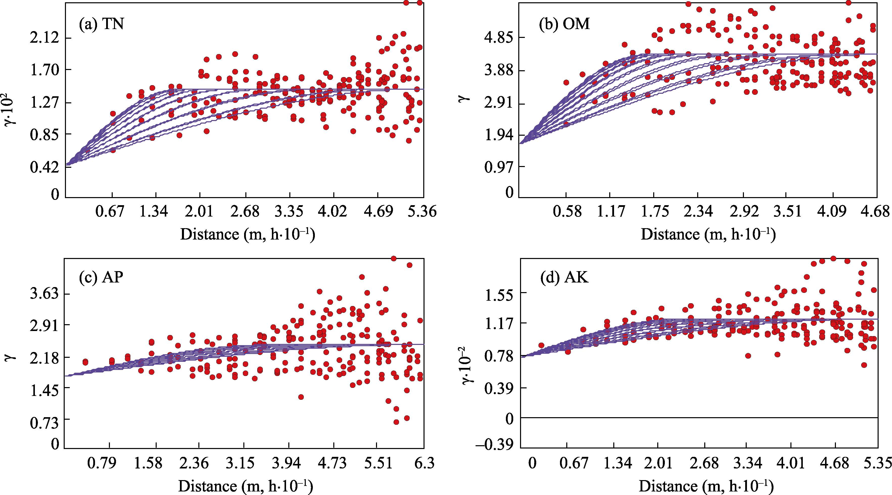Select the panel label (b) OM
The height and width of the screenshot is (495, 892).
(565, 24)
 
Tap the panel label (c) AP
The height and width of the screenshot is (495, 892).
(101, 277)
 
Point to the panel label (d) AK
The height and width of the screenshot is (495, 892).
(565, 277)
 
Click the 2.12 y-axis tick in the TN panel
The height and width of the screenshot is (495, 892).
(45, 37)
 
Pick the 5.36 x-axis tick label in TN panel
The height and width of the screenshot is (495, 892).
(422, 211)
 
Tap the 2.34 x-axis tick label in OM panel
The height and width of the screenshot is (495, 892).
(698, 211)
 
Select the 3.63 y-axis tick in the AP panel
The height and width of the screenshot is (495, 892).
(45, 294)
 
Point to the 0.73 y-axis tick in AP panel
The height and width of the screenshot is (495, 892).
(45, 423)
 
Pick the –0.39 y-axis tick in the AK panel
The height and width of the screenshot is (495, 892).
(495, 445)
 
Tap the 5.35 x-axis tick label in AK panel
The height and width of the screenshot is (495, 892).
(877, 463)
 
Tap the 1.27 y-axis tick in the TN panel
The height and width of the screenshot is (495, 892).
(45, 103)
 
